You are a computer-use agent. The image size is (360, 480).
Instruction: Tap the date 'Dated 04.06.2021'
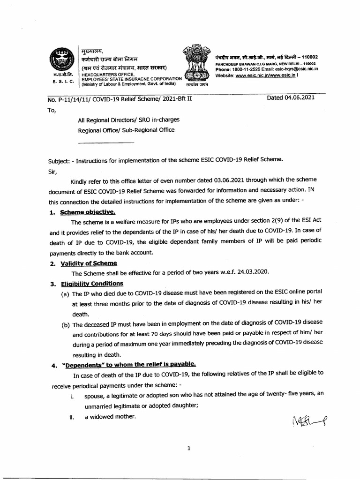point(291,97)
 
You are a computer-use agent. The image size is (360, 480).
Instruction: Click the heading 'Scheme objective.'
point(88,212)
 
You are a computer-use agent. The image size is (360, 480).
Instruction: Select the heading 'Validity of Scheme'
point(89,263)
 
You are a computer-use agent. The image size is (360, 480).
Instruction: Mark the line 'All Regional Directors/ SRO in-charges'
point(128,120)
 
